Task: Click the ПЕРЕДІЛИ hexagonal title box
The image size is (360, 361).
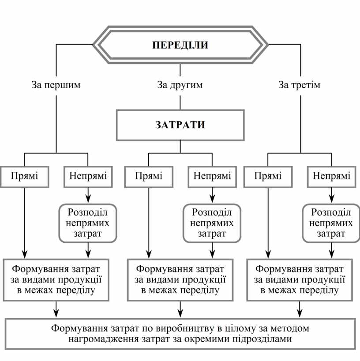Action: point(180,45)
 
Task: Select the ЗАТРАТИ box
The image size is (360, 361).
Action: point(180,125)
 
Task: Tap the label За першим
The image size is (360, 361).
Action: point(56,85)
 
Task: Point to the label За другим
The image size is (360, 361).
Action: point(180,85)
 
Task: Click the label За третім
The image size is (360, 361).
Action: point(300,85)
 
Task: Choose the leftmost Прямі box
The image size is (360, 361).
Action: point(24,176)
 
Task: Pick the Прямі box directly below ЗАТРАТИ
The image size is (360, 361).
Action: point(149,176)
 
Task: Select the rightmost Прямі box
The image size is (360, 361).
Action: point(268,176)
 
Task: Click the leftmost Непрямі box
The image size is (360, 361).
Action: point(88,176)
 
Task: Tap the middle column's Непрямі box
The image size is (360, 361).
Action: point(212,176)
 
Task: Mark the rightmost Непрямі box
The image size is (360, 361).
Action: point(332,176)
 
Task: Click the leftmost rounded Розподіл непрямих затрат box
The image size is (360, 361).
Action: point(88,223)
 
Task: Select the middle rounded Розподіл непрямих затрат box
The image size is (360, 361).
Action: point(212,223)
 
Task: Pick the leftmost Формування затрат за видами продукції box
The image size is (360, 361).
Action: point(56,279)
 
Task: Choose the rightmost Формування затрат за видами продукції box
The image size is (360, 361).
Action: point(300,279)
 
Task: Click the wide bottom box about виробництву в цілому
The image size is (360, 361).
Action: point(180,334)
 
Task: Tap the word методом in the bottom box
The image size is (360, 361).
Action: point(292,328)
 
